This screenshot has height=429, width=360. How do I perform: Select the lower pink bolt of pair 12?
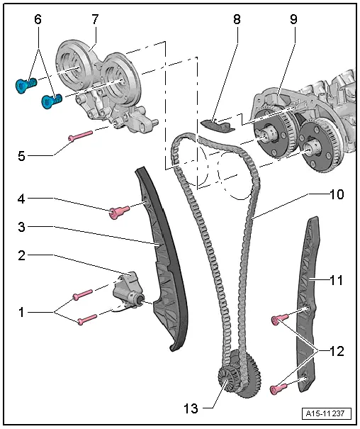[x=279, y=389]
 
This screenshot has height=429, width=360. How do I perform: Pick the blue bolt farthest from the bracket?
[x=24, y=86]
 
